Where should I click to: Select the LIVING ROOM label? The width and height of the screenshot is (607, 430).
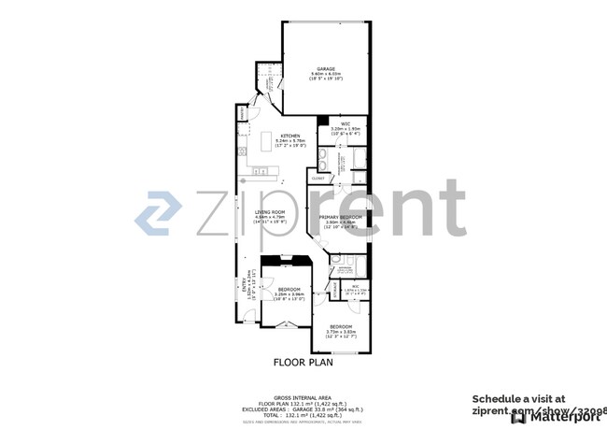pos(270,211)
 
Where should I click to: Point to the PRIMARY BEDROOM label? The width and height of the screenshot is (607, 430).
pos(336,216)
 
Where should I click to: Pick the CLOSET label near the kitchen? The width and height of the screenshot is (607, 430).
pos(318,178)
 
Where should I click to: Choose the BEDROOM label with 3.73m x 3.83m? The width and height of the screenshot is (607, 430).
pos(338,326)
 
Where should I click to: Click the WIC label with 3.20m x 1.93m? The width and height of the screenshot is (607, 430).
pos(345,123)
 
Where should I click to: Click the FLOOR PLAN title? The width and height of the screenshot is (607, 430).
pos(303,362)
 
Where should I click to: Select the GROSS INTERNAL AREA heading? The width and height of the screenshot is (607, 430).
pos(303,384)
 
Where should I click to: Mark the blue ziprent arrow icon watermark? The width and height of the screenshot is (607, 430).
pos(158,213)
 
